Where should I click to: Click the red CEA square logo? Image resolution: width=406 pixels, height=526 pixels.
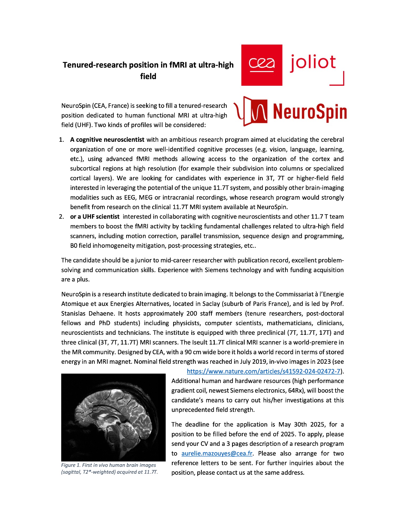pyautogui.click(x=261, y=65)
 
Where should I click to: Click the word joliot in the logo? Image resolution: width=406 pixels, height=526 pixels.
pyautogui.click(x=313, y=63)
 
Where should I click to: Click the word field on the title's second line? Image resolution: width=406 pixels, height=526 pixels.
pyautogui.click(x=148, y=76)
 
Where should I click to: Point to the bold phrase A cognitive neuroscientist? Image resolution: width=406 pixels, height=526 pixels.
pyautogui.click(x=107, y=140)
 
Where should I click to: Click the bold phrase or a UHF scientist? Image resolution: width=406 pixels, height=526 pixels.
pyautogui.click(x=95, y=217)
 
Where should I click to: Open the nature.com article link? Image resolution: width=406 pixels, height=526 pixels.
pyautogui.click(x=263, y=371)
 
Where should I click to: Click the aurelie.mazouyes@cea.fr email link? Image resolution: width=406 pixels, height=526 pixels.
pyautogui.click(x=217, y=453)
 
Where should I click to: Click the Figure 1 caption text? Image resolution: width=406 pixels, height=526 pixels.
pyautogui.click(x=109, y=468)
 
